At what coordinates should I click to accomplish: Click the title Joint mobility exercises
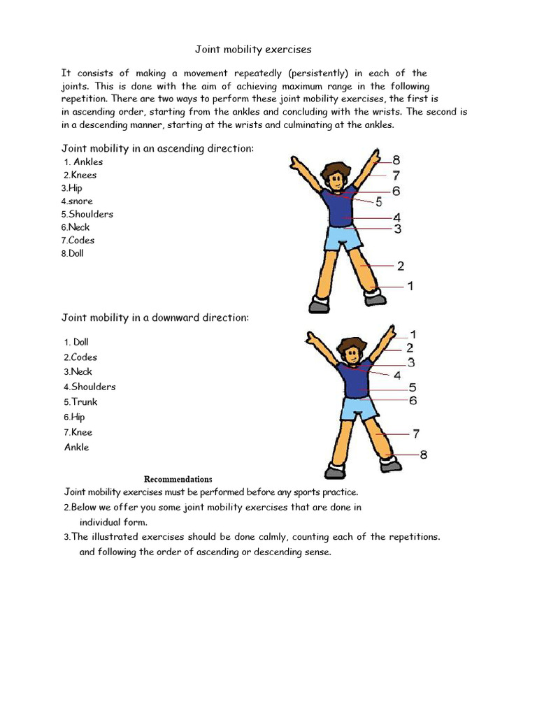252,50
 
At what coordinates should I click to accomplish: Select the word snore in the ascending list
80,201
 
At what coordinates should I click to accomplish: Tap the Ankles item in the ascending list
88,162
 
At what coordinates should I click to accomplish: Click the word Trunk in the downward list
84,402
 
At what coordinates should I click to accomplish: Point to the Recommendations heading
178,479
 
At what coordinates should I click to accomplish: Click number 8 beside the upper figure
396,160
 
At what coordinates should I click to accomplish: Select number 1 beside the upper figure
410,286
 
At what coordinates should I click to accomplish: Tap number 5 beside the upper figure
379,202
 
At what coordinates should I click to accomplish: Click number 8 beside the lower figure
424,455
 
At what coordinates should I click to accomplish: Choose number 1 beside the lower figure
413,335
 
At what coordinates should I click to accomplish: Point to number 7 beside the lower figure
416,434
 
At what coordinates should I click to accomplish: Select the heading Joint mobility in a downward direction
155,318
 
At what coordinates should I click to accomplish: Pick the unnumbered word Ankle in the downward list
77,447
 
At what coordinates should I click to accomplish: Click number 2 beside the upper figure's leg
401,266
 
